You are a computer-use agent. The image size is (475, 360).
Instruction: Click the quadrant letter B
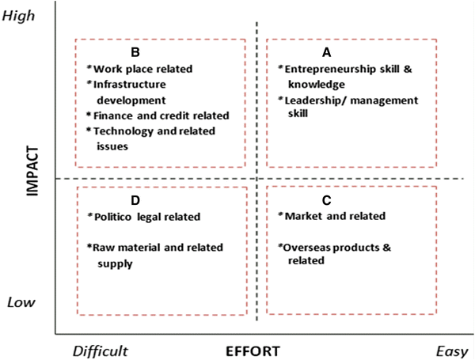(x=135, y=52)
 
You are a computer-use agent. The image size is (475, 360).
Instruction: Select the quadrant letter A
(x=326, y=52)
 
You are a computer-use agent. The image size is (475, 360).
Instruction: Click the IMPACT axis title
(x=32, y=180)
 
